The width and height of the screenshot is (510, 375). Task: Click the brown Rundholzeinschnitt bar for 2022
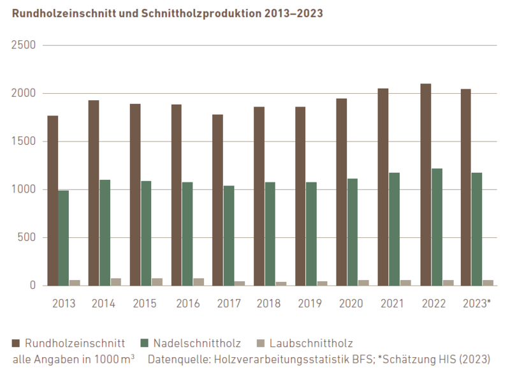point(425,185)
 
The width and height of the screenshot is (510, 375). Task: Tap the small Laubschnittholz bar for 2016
point(198,281)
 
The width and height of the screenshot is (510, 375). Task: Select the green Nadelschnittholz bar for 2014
point(105,232)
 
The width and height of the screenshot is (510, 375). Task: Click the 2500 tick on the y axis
point(23,46)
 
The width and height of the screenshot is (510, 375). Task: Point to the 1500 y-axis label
point(23,142)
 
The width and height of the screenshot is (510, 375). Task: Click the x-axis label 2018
point(270,303)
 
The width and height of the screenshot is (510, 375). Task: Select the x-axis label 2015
point(145,303)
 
